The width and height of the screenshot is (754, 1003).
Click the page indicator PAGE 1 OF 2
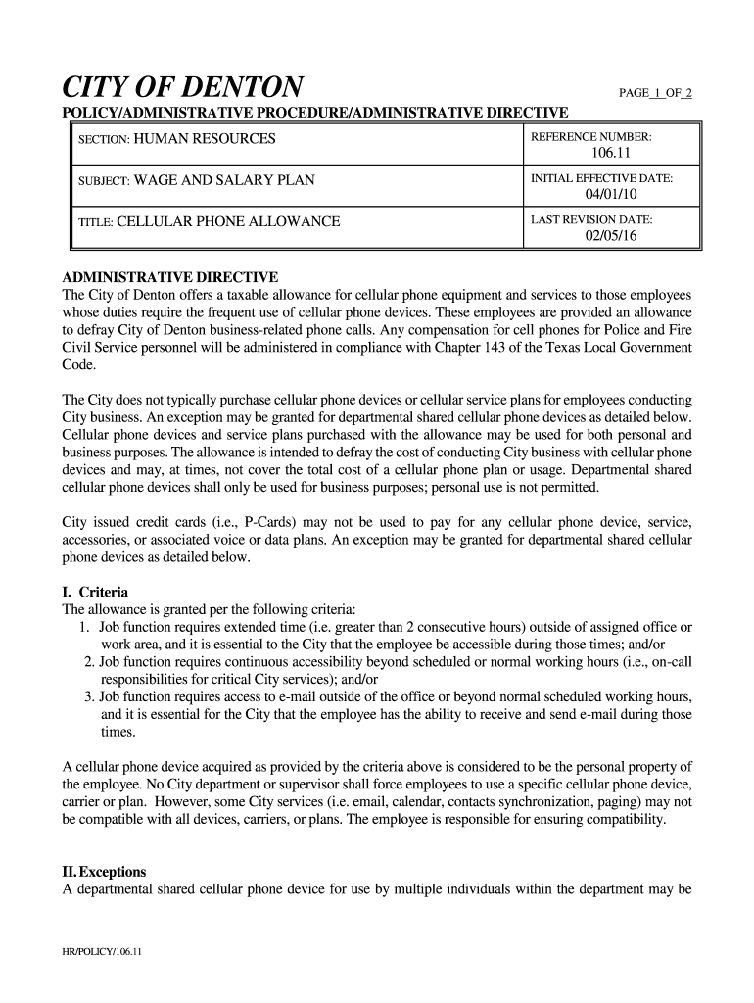tap(657, 93)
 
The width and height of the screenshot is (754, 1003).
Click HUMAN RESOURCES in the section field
tap(205, 139)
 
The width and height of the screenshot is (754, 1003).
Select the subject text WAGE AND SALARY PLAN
tap(224, 180)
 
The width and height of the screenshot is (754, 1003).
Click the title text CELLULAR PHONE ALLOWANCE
tap(228, 222)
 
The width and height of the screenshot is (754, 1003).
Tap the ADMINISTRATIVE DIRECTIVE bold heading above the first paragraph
tap(170, 277)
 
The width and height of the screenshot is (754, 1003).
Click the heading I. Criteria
tap(95, 593)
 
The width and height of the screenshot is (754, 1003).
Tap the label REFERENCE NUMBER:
tap(590, 137)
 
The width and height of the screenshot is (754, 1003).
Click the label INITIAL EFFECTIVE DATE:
tap(601, 179)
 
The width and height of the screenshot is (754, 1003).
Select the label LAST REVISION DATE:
tap(591, 220)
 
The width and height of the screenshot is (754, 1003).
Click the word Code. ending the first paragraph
tap(79, 365)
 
